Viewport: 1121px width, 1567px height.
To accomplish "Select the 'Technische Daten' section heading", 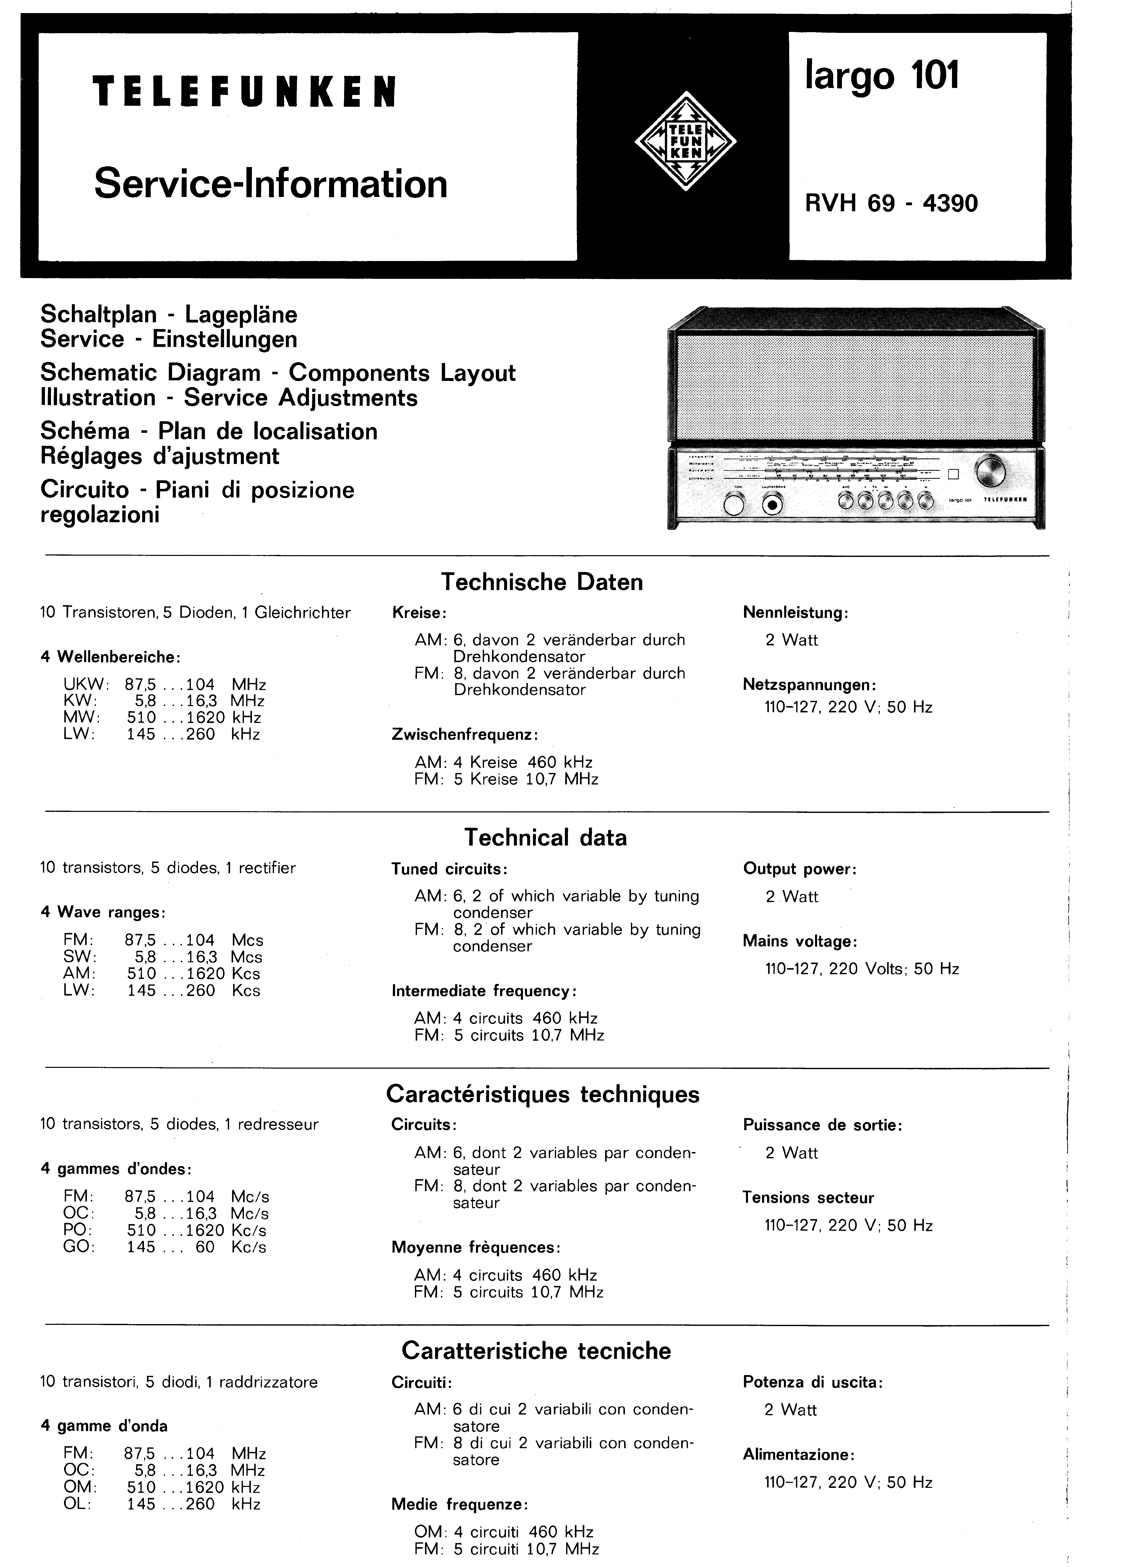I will (x=542, y=582).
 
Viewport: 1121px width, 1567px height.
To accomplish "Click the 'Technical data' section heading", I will (x=545, y=837).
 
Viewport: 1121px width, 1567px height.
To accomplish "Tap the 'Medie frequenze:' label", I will (x=460, y=1504).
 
